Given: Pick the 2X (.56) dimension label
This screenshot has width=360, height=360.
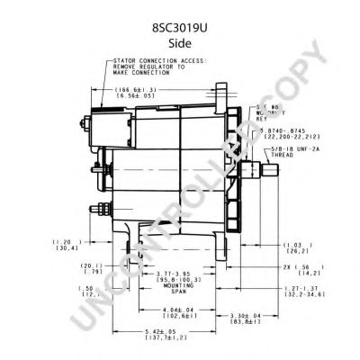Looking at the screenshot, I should click(298, 267).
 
